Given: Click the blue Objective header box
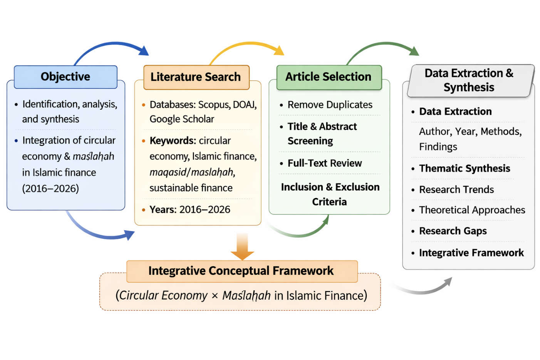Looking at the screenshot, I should click(x=65, y=77).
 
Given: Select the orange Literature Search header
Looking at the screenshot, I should click(x=196, y=77).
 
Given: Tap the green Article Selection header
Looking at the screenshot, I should click(x=329, y=77).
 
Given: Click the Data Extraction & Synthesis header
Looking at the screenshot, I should click(x=469, y=80).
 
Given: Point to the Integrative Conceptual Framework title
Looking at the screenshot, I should click(x=241, y=271).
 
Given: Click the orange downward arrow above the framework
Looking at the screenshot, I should click(x=242, y=246).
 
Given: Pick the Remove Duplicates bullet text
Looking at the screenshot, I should click(x=330, y=105).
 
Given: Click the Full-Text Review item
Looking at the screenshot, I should click(x=324, y=163).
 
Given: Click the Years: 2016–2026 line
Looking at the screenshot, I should click(x=190, y=209).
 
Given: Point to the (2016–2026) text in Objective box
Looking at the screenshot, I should click(x=50, y=188).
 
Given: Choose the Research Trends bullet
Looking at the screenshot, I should click(x=456, y=189).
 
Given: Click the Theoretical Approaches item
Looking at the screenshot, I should click(x=472, y=210).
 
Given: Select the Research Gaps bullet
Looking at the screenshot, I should click(x=453, y=231).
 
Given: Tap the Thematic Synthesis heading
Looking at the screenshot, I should click(x=464, y=168).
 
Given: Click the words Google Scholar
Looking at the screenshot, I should click(x=181, y=119).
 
